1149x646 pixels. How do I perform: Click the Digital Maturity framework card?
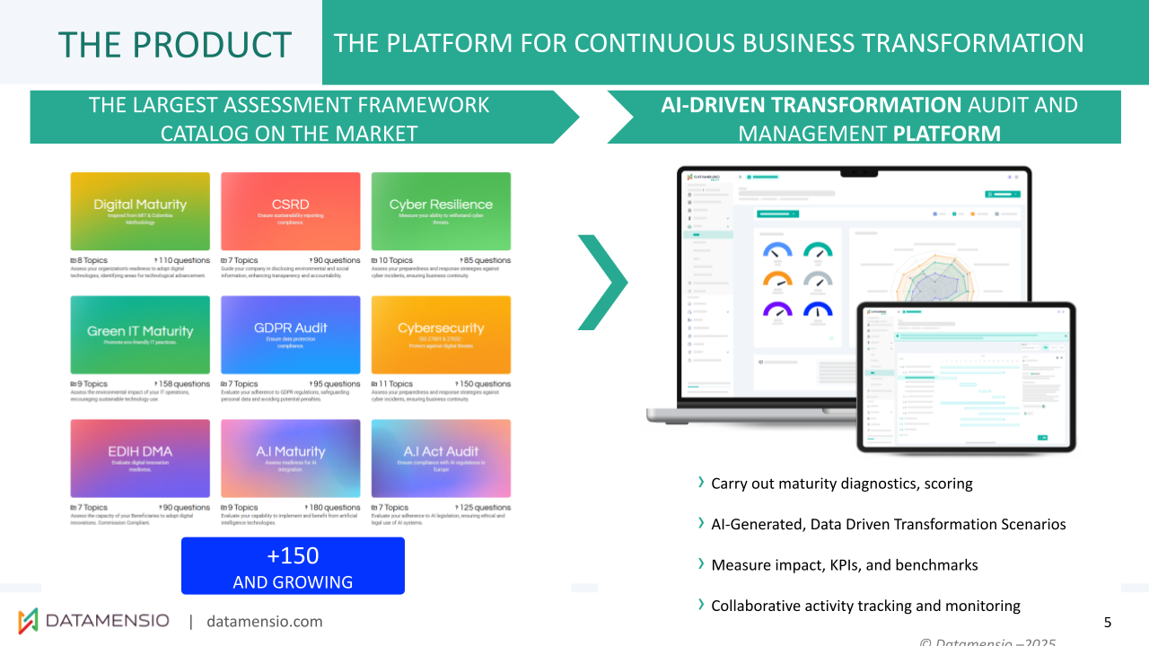click(x=140, y=211)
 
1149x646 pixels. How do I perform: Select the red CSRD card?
click(x=290, y=211)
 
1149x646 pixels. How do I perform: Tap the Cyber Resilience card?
click(x=441, y=211)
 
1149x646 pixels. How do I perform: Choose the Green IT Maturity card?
click(x=140, y=335)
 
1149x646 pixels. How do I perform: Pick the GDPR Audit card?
click(x=290, y=335)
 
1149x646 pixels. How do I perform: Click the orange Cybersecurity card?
click(x=441, y=335)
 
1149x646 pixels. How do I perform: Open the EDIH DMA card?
click(x=140, y=458)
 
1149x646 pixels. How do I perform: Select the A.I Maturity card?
click(x=290, y=458)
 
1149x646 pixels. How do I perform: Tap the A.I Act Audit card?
click(x=441, y=458)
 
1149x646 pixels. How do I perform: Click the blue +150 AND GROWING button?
click(x=293, y=566)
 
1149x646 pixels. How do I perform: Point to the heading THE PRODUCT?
click(x=175, y=44)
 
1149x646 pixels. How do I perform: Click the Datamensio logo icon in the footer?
click(x=29, y=620)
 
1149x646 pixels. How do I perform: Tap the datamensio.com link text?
click(x=264, y=622)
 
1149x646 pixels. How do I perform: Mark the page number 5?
click(x=1108, y=622)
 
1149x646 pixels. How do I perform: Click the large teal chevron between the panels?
click(x=602, y=283)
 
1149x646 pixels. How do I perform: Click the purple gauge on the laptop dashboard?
click(x=776, y=310)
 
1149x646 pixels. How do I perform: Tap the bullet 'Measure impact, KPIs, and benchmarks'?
click(x=844, y=565)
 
